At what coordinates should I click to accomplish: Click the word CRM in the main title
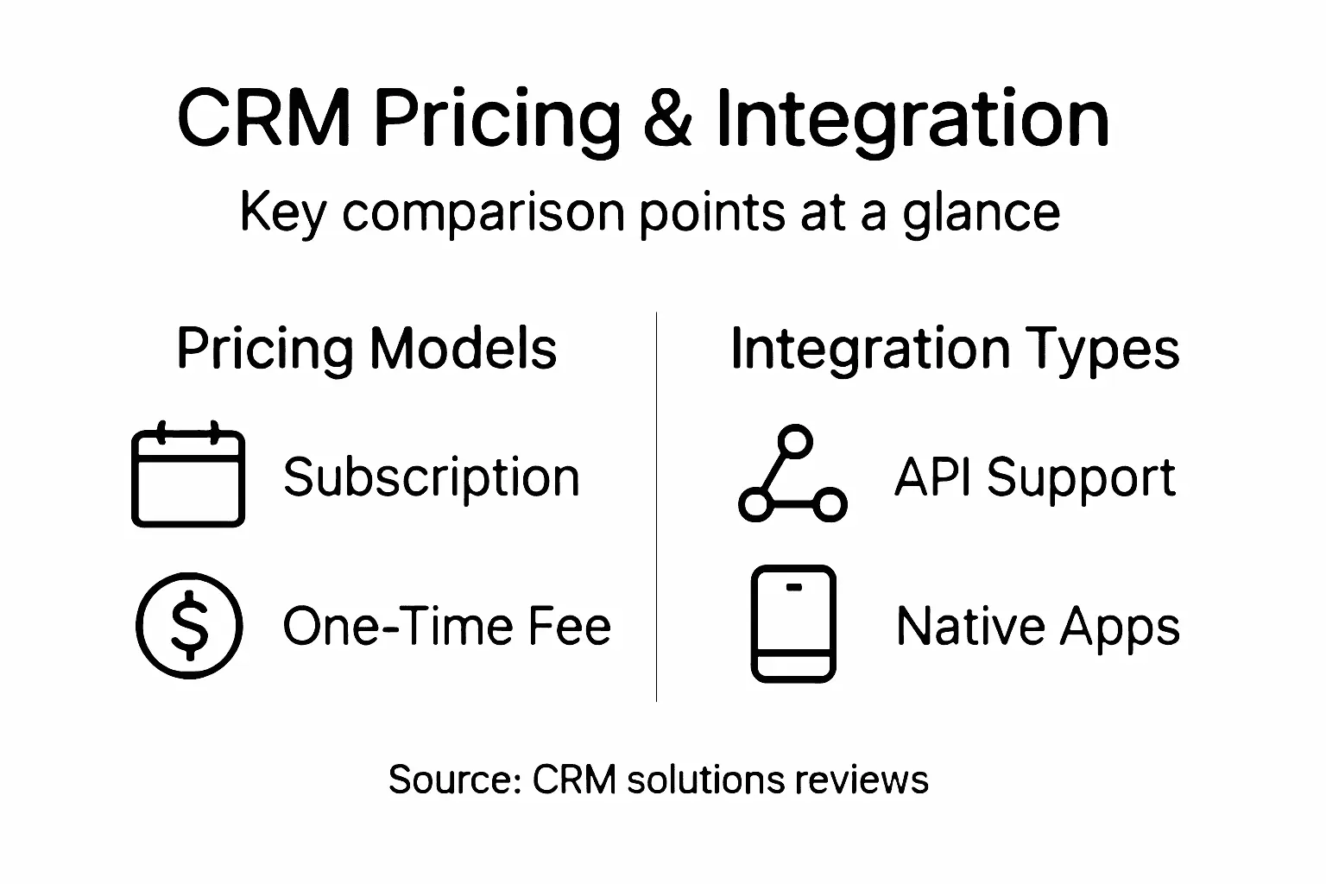pos(263,118)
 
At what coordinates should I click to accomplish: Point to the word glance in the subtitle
pos(982,213)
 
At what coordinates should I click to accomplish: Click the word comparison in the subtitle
pos(483,213)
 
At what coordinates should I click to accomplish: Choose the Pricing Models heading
pos(366,349)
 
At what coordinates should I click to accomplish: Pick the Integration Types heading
pos(954,349)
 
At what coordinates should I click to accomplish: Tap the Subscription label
pos(431,477)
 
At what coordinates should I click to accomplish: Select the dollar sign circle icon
pos(189,625)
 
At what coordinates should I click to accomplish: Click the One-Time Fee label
pos(446,626)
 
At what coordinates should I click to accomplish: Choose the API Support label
pos(1034,477)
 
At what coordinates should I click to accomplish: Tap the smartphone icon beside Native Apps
pos(793,623)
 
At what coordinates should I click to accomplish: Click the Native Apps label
pos(1038,626)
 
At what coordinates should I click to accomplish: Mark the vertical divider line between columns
pos(657,509)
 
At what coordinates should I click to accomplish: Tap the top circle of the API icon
pos(795,441)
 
